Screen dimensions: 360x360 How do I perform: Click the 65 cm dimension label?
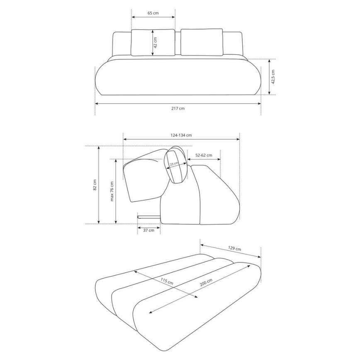click(x=153, y=13)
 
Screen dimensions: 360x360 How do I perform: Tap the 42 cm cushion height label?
click(x=155, y=42)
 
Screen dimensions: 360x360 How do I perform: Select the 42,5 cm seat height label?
click(x=273, y=77)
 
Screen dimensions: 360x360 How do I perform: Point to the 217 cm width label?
click(x=178, y=108)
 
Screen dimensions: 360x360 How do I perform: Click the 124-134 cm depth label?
click(x=181, y=135)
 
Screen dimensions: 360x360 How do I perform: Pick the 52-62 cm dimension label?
click(x=204, y=156)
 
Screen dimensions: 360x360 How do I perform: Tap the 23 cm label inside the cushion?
click(x=174, y=163)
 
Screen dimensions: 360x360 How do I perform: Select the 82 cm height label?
click(x=95, y=185)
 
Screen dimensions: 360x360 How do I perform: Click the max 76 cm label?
click(x=112, y=191)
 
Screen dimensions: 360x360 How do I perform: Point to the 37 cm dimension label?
click(x=148, y=229)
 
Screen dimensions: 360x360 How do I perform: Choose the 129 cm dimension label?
click(x=235, y=249)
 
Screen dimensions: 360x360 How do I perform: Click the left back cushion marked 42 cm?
click(x=143, y=42)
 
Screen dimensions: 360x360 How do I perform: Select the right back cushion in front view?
click(x=202, y=42)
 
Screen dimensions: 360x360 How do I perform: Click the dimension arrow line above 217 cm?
click(x=178, y=103)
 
